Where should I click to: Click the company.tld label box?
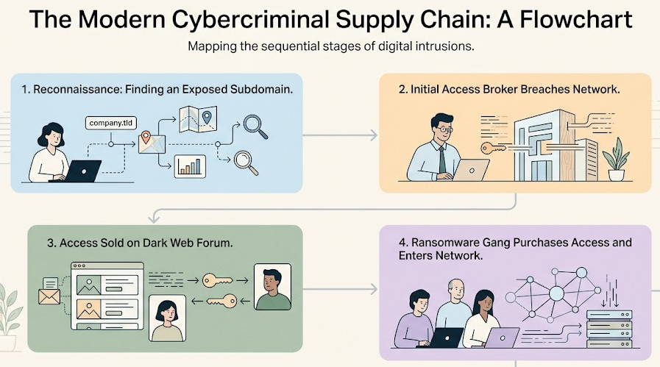(110, 123)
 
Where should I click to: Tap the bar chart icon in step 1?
(190, 166)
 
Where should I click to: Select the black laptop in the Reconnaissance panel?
(79, 171)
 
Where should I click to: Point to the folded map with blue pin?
(198, 119)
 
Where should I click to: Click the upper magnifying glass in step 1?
(255, 127)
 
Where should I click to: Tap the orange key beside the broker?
(493, 148)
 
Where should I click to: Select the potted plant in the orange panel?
(616, 160)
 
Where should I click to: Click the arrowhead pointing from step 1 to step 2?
(373, 135)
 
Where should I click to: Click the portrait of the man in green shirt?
(273, 287)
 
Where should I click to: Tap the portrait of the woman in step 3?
(168, 318)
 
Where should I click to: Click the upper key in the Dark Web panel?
(217, 280)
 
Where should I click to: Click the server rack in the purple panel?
(609, 329)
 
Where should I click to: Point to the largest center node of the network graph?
(556, 293)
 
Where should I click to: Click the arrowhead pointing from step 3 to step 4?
(373, 289)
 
